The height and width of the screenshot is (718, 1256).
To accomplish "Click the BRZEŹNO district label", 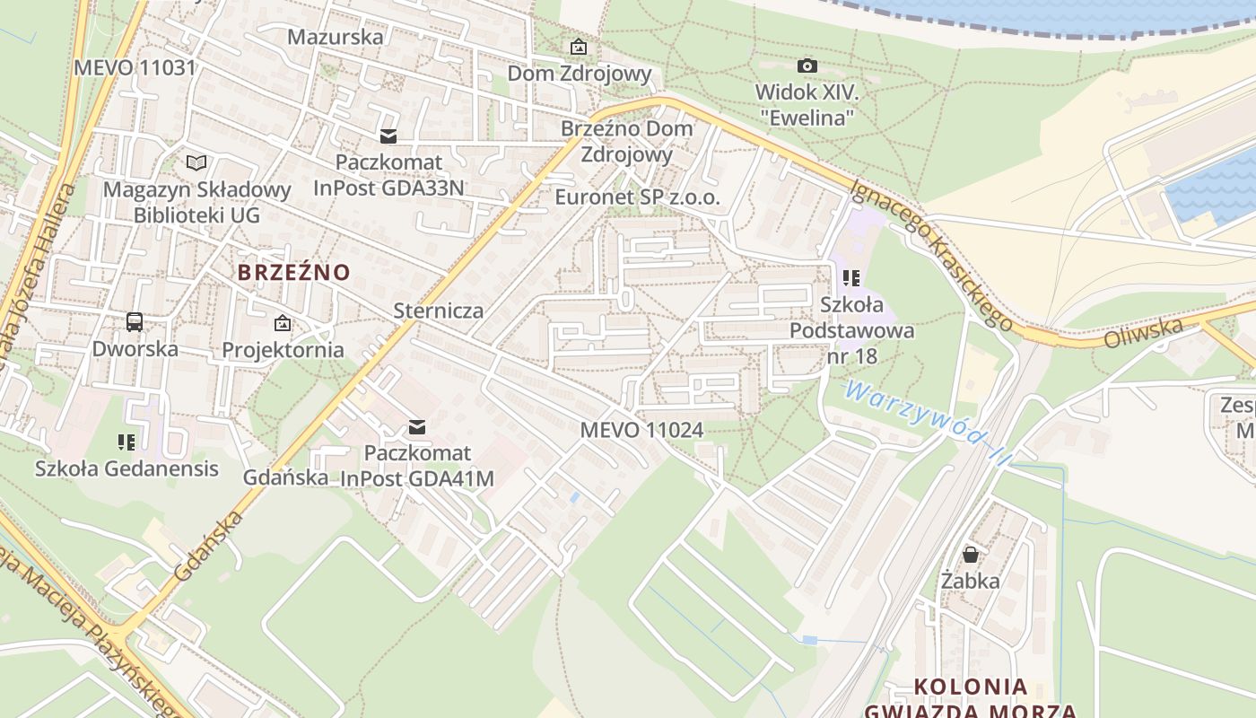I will tap(293, 271).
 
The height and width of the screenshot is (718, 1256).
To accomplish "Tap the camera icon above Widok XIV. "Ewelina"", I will tap(807, 66).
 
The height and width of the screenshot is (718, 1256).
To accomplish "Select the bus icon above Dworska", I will tap(135, 321).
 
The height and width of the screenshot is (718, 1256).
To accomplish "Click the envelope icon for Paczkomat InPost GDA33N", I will tap(388, 136).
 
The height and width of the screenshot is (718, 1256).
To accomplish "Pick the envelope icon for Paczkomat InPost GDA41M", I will tap(417, 427).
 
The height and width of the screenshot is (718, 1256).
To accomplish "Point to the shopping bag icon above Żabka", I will tap(970, 554).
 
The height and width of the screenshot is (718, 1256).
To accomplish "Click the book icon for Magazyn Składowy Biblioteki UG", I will tap(196, 162).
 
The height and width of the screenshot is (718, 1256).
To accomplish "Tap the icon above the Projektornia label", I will tap(283, 323).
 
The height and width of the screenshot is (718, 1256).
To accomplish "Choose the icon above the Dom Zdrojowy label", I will tap(579, 47).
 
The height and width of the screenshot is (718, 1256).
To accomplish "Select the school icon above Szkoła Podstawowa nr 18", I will tap(851, 278).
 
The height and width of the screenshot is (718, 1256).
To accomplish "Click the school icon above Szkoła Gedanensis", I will tap(126, 442).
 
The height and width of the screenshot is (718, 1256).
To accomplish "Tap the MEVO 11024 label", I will tap(641, 430).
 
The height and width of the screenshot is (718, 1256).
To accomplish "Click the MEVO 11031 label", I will tap(135, 67).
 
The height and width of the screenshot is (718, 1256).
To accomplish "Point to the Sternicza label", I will tap(439, 311).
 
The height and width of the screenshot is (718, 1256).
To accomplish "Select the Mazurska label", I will tap(335, 37).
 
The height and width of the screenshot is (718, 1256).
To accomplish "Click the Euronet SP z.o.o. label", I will tap(637, 197).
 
